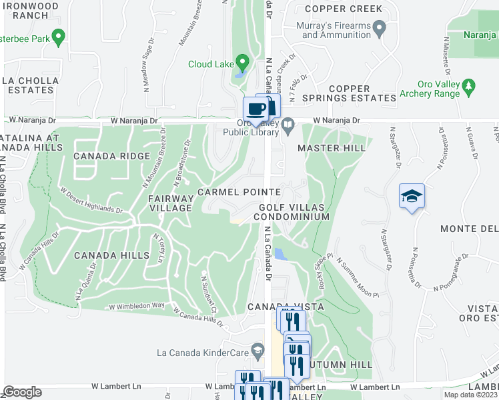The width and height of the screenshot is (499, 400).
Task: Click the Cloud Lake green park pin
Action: (242, 63)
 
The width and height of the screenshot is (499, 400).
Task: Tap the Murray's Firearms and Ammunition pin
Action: (380, 29)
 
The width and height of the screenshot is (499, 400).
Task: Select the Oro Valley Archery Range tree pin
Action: (469, 86)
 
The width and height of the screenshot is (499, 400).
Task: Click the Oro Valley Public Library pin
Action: (288, 124)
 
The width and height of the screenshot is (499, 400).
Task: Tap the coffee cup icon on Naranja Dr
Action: (256, 108)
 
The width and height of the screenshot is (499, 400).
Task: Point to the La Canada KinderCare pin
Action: (257, 351)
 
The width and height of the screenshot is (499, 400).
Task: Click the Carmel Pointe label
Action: (239, 192)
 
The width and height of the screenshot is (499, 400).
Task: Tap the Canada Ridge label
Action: (111, 157)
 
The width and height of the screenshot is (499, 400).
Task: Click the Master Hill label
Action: (332, 148)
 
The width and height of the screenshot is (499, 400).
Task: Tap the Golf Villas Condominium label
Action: (294, 213)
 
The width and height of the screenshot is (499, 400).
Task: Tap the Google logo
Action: (22, 393)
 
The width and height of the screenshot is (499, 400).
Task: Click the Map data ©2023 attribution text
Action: (471, 395)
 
